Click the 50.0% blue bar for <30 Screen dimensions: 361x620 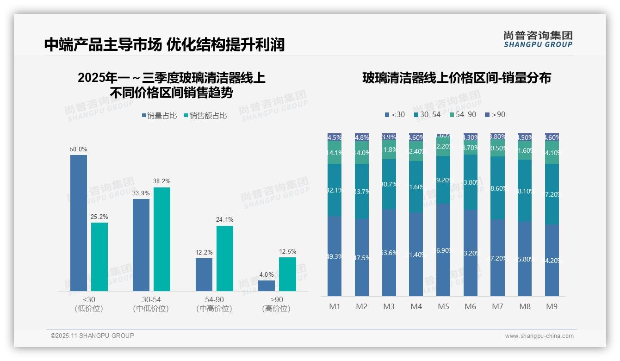pyautogui.click(x=79, y=223)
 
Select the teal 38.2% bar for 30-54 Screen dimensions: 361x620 pyautogui.click(x=162, y=239)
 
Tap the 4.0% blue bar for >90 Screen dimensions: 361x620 pyautogui.click(x=267, y=286)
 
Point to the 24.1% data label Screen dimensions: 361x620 pyautogui.click(x=224, y=220)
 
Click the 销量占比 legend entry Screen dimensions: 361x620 pyautogui.click(x=159, y=116)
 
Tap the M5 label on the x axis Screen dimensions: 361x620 pyautogui.click(x=443, y=306)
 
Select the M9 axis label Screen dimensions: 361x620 pyautogui.click(x=552, y=306)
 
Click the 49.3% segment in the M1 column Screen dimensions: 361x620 pyautogui.click(x=335, y=256)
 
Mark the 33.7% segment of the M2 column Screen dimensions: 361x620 pyautogui.click(x=362, y=191)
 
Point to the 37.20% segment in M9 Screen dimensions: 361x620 pyautogui.click(x=552, y=194)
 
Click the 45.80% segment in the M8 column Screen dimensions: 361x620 pyautogui.click(x=525, y=259)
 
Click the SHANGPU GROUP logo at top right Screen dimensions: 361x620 pyautogui.click(x=538, y=39)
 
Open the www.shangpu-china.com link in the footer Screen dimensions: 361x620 pyautogui.click(x=539, y=336)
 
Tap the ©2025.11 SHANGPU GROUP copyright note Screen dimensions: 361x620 pyautogui.click(x=93, y=336)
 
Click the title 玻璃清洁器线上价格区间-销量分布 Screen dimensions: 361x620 pyautogui.click(x=456, y=78)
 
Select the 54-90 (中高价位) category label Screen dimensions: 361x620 pyautogui.click(x=214, y=304)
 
